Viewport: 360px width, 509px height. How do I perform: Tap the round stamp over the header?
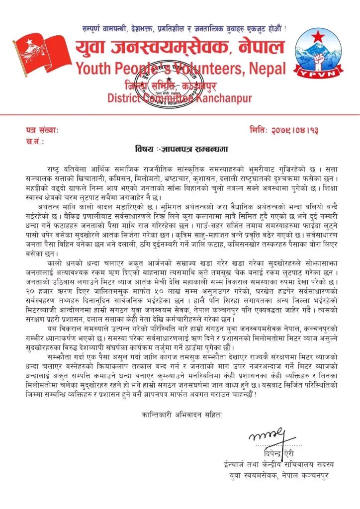tap(164, 85)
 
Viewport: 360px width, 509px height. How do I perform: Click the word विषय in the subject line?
tap(144, 149)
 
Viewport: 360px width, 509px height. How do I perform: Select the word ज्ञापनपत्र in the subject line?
tap(175, 149)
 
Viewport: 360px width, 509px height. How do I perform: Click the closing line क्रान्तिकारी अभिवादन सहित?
tap(180, 414)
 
